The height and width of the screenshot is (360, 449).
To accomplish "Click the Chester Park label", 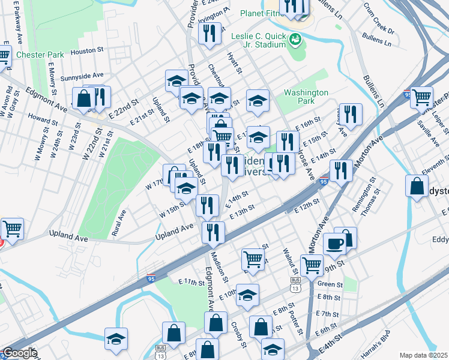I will tap(40, 55).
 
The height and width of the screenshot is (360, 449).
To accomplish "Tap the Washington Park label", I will tap(306, 97).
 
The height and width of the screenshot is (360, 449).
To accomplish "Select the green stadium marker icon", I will tap(295, 40).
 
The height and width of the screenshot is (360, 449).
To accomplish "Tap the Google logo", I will tap(20, 353).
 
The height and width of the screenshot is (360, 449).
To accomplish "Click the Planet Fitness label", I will tap(261, 13).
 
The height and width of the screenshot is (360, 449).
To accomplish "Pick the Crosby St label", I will tap(239, 333).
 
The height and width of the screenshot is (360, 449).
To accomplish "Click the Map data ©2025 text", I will tap(424, 355).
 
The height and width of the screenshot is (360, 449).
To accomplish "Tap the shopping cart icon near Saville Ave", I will tap(422, 96).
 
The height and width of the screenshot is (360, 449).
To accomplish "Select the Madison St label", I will tap(221, 266).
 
